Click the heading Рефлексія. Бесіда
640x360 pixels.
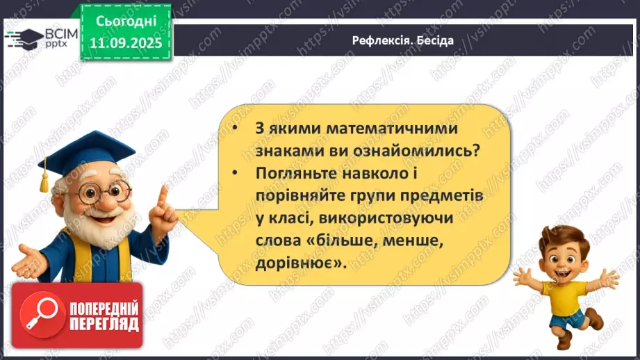pos(402,40)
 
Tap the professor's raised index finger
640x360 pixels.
pos(163,194)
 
